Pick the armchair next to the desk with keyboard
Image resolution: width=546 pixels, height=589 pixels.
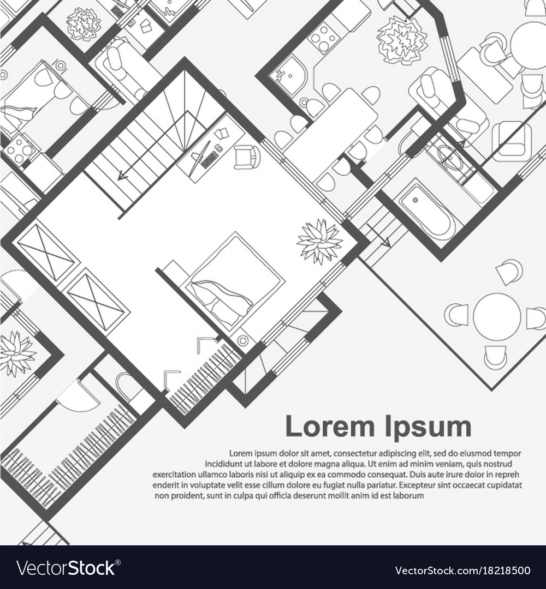click(247, 155)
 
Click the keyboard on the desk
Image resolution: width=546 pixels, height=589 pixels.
click(208, 155)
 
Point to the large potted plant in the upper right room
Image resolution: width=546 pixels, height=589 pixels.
click(402, 40)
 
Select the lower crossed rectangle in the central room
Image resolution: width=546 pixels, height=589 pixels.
click(96, 302)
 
